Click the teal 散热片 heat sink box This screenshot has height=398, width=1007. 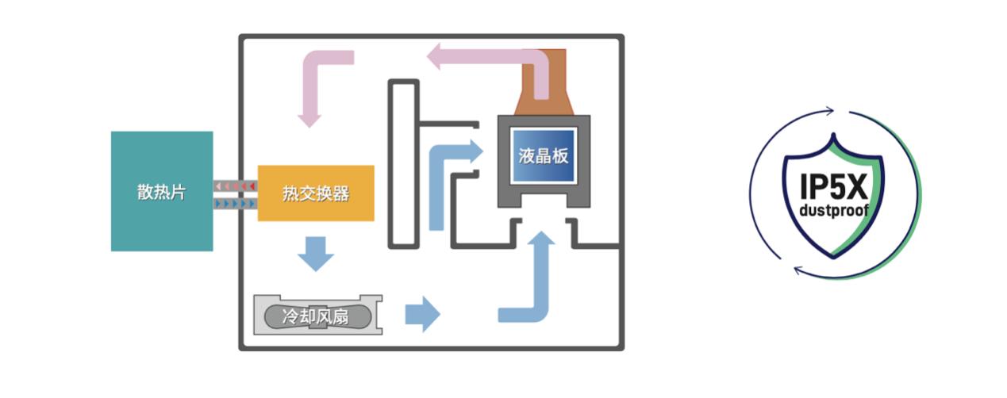pos(162,191)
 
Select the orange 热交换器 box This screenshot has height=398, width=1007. pos(316,193)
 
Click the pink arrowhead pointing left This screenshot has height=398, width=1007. pos(437,56)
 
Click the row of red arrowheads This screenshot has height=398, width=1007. pos(235,186)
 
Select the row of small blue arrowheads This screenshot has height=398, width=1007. pos(235,204)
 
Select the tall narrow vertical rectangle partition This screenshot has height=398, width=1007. pos(403,163)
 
